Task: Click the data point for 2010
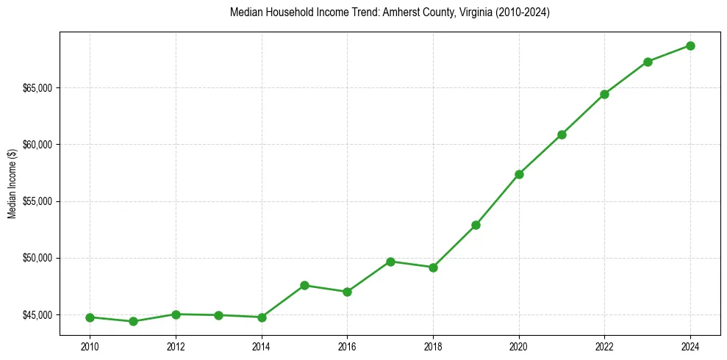(x=90, y=317)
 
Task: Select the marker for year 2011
(x=133, y=321)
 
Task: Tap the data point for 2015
(x=304, y=285)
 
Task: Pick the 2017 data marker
(x=390, y=262)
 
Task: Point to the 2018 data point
(x=433, y=267)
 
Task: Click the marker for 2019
(x=476, y=225)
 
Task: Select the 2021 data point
(x=562, y=134)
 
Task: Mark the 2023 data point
(x=648, y=62)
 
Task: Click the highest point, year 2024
(x=690, y=46)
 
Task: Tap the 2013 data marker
(x=218, y=315)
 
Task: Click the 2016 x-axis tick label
(x=347, y=347)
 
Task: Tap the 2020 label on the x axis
(x=519, y=347)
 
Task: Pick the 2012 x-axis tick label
(x=176, y=347)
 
